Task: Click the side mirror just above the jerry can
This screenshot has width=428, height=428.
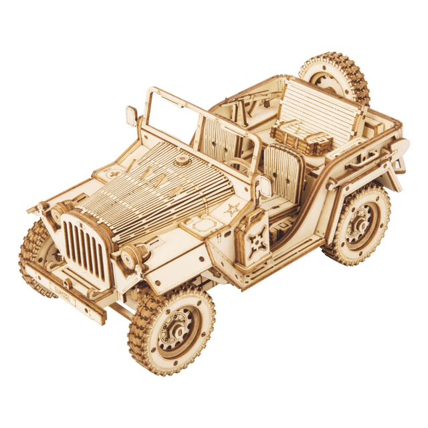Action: (265, 188)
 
